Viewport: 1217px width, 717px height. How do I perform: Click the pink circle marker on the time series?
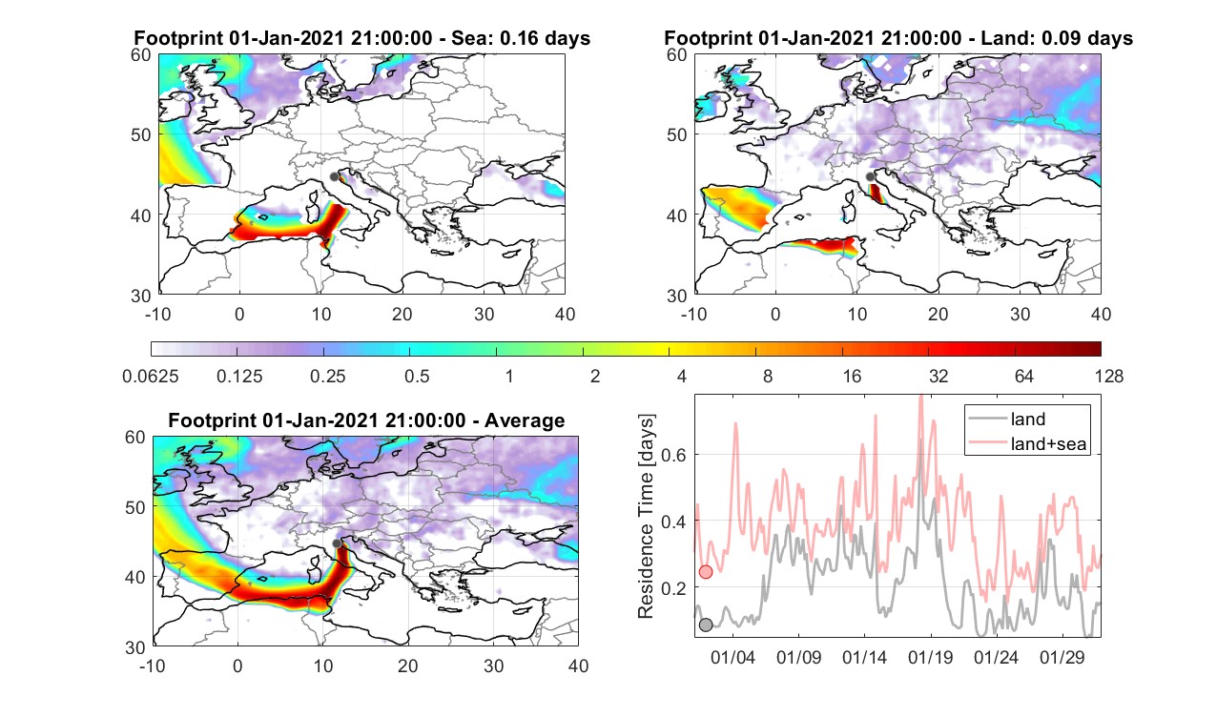pos(705,572)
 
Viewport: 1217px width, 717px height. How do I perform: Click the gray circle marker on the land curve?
pos(705,625)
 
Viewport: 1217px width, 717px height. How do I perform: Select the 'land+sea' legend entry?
pos(1048,443)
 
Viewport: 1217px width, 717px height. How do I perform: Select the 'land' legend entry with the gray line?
pos(1027,419)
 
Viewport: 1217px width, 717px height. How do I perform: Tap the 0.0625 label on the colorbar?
pos(151,376)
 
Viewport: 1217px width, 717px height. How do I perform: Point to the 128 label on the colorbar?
pos(1108,376)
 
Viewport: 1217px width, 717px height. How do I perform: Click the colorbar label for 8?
pos(767,376)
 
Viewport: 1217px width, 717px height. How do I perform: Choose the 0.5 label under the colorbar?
pos(417,376)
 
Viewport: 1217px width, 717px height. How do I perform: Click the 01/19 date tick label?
pos(931,657)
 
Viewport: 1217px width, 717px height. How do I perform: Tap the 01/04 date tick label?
pos(732,657)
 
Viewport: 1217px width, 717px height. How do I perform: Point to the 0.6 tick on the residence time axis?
pos(673,455)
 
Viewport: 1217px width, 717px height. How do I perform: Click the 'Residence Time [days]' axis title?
pos(646,517)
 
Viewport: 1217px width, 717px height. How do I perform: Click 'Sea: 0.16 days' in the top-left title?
pos(521,38)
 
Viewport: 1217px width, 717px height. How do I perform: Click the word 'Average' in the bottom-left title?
pos(525,420)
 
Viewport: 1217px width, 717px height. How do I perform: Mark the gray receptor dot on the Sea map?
pos(334,176)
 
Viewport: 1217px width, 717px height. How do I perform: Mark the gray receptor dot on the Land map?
pos(870,176)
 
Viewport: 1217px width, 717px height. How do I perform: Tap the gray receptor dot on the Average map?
pos(337,543)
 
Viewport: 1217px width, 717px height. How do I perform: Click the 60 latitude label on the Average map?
pos(135,438)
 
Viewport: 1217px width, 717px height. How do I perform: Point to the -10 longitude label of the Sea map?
pos(157,314)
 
